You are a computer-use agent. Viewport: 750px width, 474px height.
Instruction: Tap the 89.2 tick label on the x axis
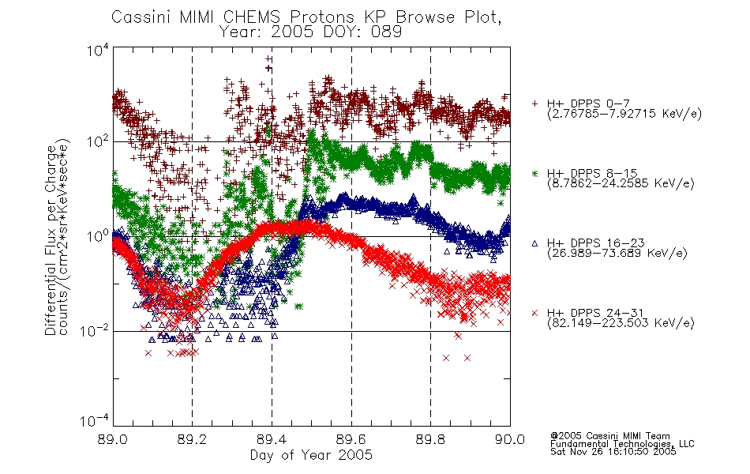click(193, 439)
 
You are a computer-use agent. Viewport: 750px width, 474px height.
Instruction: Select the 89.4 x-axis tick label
click(272, 439)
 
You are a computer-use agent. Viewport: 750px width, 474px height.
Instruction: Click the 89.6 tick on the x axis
click(351, 439)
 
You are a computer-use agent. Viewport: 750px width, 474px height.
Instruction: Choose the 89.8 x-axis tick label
click(430, 439)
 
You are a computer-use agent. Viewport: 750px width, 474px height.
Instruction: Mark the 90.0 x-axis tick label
click(510, 439)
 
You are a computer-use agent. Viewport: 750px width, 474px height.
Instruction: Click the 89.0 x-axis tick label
click(113, 439)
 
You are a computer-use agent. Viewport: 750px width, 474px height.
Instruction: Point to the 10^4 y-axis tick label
click(98, 50)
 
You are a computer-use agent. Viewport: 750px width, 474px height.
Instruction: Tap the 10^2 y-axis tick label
click(98, 142)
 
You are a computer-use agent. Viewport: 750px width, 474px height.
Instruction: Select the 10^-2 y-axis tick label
click(94, 330)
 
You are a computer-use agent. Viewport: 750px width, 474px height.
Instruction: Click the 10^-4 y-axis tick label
click(94, 420)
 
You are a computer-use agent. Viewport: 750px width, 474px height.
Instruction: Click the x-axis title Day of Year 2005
click(311, 455)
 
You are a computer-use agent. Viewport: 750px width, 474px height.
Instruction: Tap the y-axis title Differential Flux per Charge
click(51, 241)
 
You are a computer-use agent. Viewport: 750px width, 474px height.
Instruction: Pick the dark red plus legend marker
click(534, 103)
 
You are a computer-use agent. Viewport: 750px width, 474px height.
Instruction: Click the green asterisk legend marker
click(534, 173)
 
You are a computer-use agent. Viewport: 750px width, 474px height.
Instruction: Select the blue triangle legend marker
click(534, 243)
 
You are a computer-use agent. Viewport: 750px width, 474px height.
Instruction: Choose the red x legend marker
click(534, 313)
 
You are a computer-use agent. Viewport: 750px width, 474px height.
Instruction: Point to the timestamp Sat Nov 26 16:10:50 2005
click(613, 452)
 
